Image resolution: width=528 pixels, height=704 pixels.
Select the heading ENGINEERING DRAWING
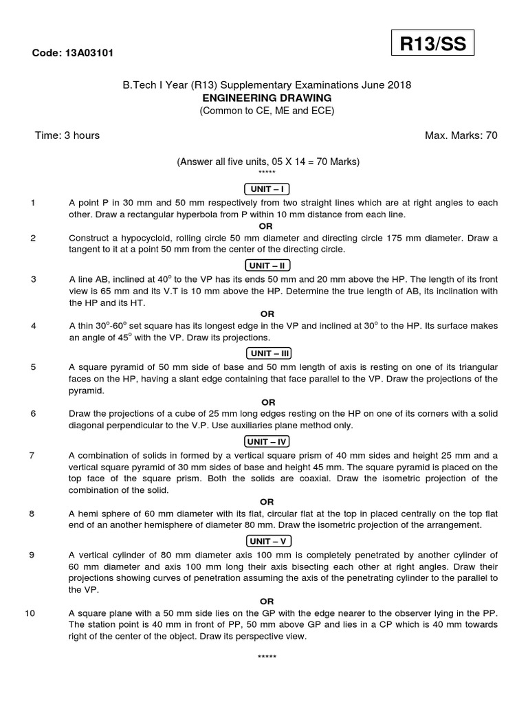tap(267, 98)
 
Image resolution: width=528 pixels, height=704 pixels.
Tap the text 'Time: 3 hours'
tap(67, 135)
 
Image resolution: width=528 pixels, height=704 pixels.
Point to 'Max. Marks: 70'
tap(461, 135)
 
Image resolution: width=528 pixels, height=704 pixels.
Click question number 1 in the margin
tap(33, 203)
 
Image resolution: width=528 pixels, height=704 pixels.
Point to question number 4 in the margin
tap(33, 326)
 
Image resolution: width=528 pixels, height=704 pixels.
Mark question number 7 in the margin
tap(33, 456)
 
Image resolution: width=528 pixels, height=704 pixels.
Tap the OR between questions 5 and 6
tap(268, 402)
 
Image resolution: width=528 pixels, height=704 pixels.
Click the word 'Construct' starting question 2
tap(91, 238)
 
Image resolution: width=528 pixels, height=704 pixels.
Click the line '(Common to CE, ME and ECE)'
tap(267, 110)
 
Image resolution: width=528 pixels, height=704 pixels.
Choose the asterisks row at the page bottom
tap(267, 658)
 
